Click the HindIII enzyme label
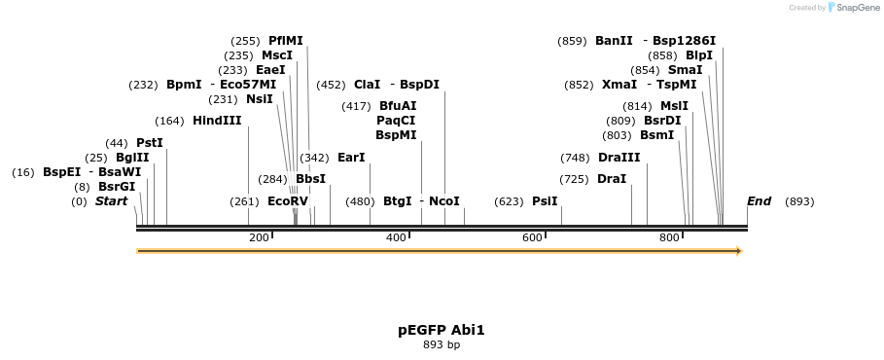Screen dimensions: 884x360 217,121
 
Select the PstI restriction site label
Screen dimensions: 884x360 149,143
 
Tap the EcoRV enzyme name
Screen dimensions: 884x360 287,201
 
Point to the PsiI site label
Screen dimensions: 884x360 545,201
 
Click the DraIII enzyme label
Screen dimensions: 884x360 619,158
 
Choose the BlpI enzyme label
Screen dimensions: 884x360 699,55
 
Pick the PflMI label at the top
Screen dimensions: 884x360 285,41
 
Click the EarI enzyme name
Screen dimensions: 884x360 351,158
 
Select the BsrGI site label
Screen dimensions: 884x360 117,187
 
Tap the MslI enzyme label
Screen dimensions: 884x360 674,106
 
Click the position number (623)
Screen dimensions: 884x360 509,201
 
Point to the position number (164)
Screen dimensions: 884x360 169,121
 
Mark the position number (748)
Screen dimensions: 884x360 575,158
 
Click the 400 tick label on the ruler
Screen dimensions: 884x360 396,238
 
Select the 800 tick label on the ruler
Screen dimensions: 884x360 669,238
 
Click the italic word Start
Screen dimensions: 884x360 111,201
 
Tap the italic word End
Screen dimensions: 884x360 759,201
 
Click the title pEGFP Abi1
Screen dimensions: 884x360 442,330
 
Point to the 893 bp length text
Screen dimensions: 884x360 442,344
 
